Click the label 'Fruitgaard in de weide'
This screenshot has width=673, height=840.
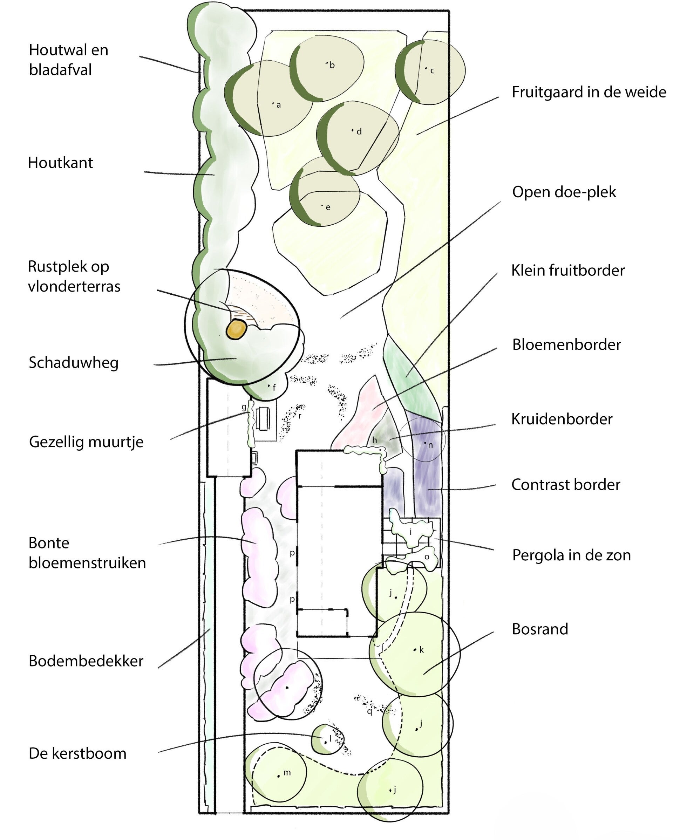tap(589, 92)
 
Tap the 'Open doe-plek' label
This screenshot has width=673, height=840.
tap(564, 192)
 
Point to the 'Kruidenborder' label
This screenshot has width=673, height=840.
tap(562, 419)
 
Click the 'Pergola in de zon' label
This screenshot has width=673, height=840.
tap(571, 555)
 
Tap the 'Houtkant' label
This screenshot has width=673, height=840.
tap(60, 163)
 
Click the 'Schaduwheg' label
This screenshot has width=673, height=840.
tap(74, 363)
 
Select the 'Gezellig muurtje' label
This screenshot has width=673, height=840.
tap(86, 442)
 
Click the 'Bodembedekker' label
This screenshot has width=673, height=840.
tap(86, 661)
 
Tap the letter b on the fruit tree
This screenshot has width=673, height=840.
tap(332, 65)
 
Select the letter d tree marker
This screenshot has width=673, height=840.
tap(359, 132)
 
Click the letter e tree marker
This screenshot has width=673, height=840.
tap(328, 208)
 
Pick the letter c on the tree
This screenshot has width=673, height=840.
tap(432, 71)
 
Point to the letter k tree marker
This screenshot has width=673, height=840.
tap(421, 649)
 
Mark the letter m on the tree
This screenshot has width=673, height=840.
tap(287, 772)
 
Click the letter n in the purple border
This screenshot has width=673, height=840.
tap(430, 445)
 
